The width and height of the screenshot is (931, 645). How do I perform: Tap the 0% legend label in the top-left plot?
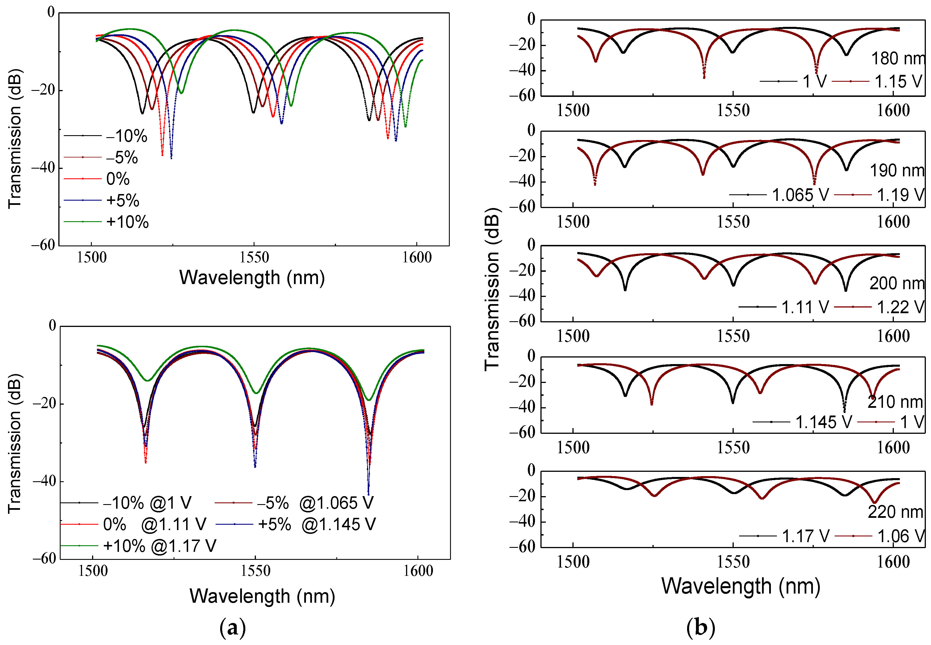point(118,179)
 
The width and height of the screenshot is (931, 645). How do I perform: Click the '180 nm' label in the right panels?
point(898,59)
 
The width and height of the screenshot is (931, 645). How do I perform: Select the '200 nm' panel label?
point(897,283)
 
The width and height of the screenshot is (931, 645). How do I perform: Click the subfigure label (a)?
point(232,628)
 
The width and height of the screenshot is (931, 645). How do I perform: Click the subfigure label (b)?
point(701,628)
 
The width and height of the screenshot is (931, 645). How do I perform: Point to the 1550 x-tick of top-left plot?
point(254,257)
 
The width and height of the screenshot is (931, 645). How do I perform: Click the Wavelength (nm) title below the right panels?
point(741,586)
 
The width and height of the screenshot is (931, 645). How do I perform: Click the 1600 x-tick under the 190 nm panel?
point(893,222)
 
